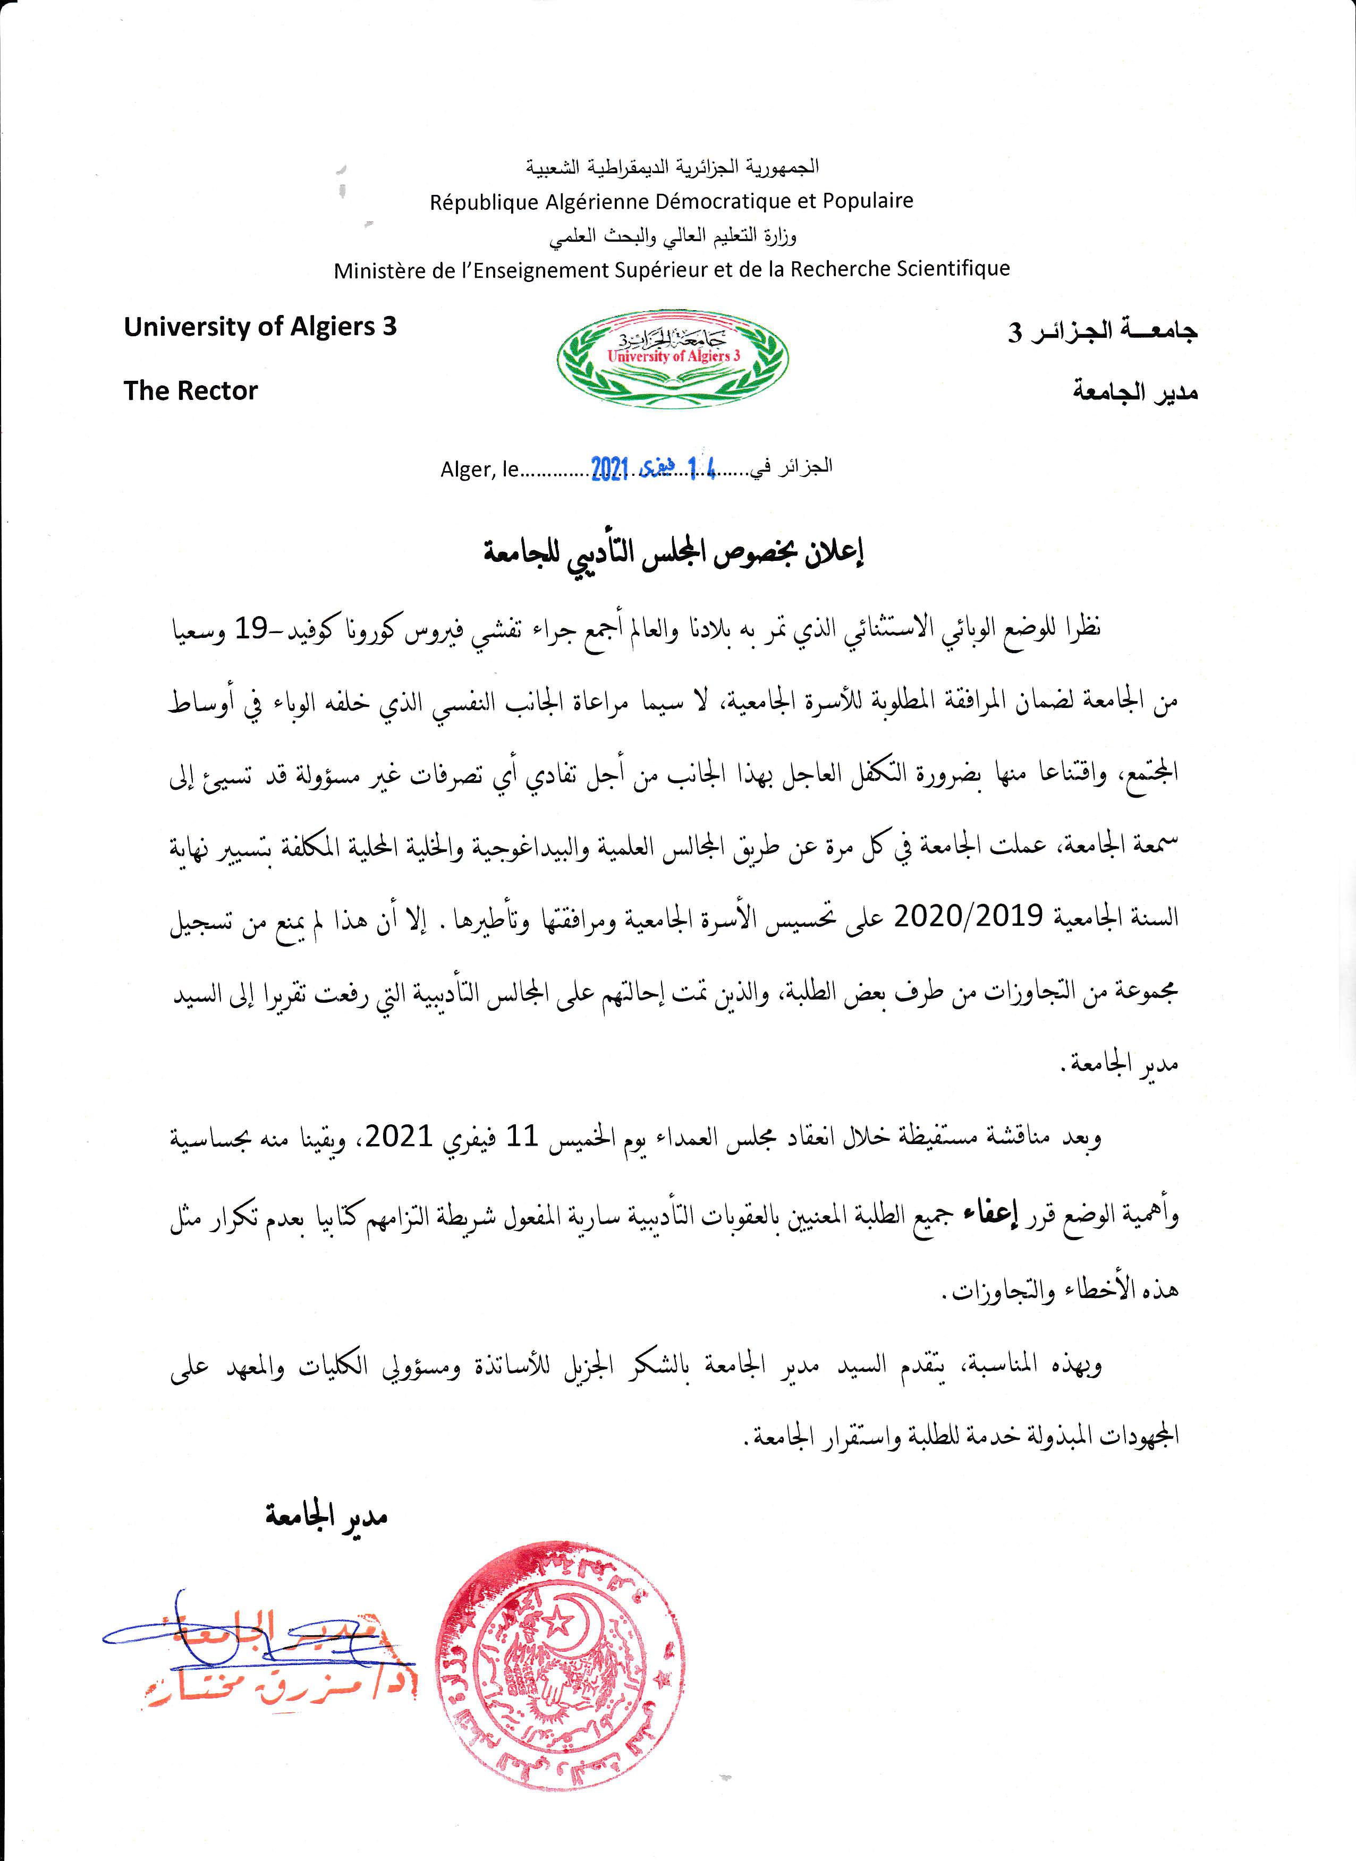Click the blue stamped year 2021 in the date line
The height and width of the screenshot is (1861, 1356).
[609, 468]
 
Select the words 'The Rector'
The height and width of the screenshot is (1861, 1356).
[190, 390]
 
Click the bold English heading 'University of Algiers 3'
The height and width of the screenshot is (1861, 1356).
[259, 327]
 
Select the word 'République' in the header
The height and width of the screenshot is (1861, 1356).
[482, 201]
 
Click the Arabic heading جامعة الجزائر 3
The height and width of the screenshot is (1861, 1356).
[1103, 330]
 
